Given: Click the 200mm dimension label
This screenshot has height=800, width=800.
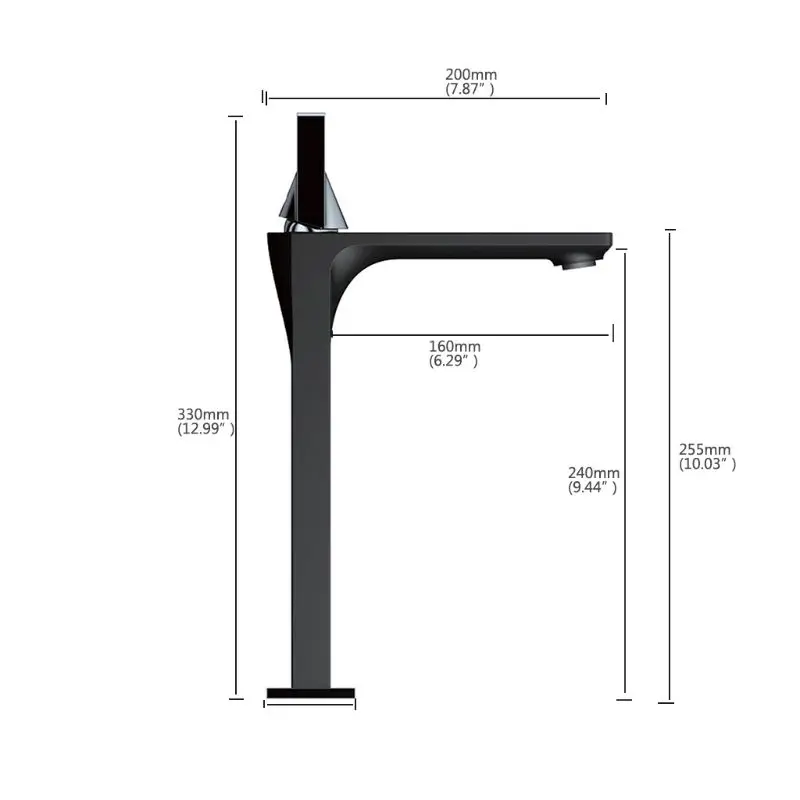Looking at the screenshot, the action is coord(471,74).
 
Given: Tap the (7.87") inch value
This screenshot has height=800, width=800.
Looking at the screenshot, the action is coord(469,89).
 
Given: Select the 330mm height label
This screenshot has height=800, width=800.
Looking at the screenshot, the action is coord(203,414).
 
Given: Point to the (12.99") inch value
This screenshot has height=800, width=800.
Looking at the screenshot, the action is coord(206,429).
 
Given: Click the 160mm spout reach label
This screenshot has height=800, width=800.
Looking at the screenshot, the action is coord(455,346).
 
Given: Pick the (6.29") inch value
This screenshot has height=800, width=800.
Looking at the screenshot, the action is coord(453,361).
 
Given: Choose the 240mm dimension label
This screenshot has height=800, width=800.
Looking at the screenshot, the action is coord(594,473).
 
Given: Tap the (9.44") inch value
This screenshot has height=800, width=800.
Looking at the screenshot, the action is coord(592,487).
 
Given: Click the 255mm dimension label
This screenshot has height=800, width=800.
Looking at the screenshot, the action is coord(705,449).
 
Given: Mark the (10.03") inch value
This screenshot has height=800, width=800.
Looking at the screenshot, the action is coord(707,464).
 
